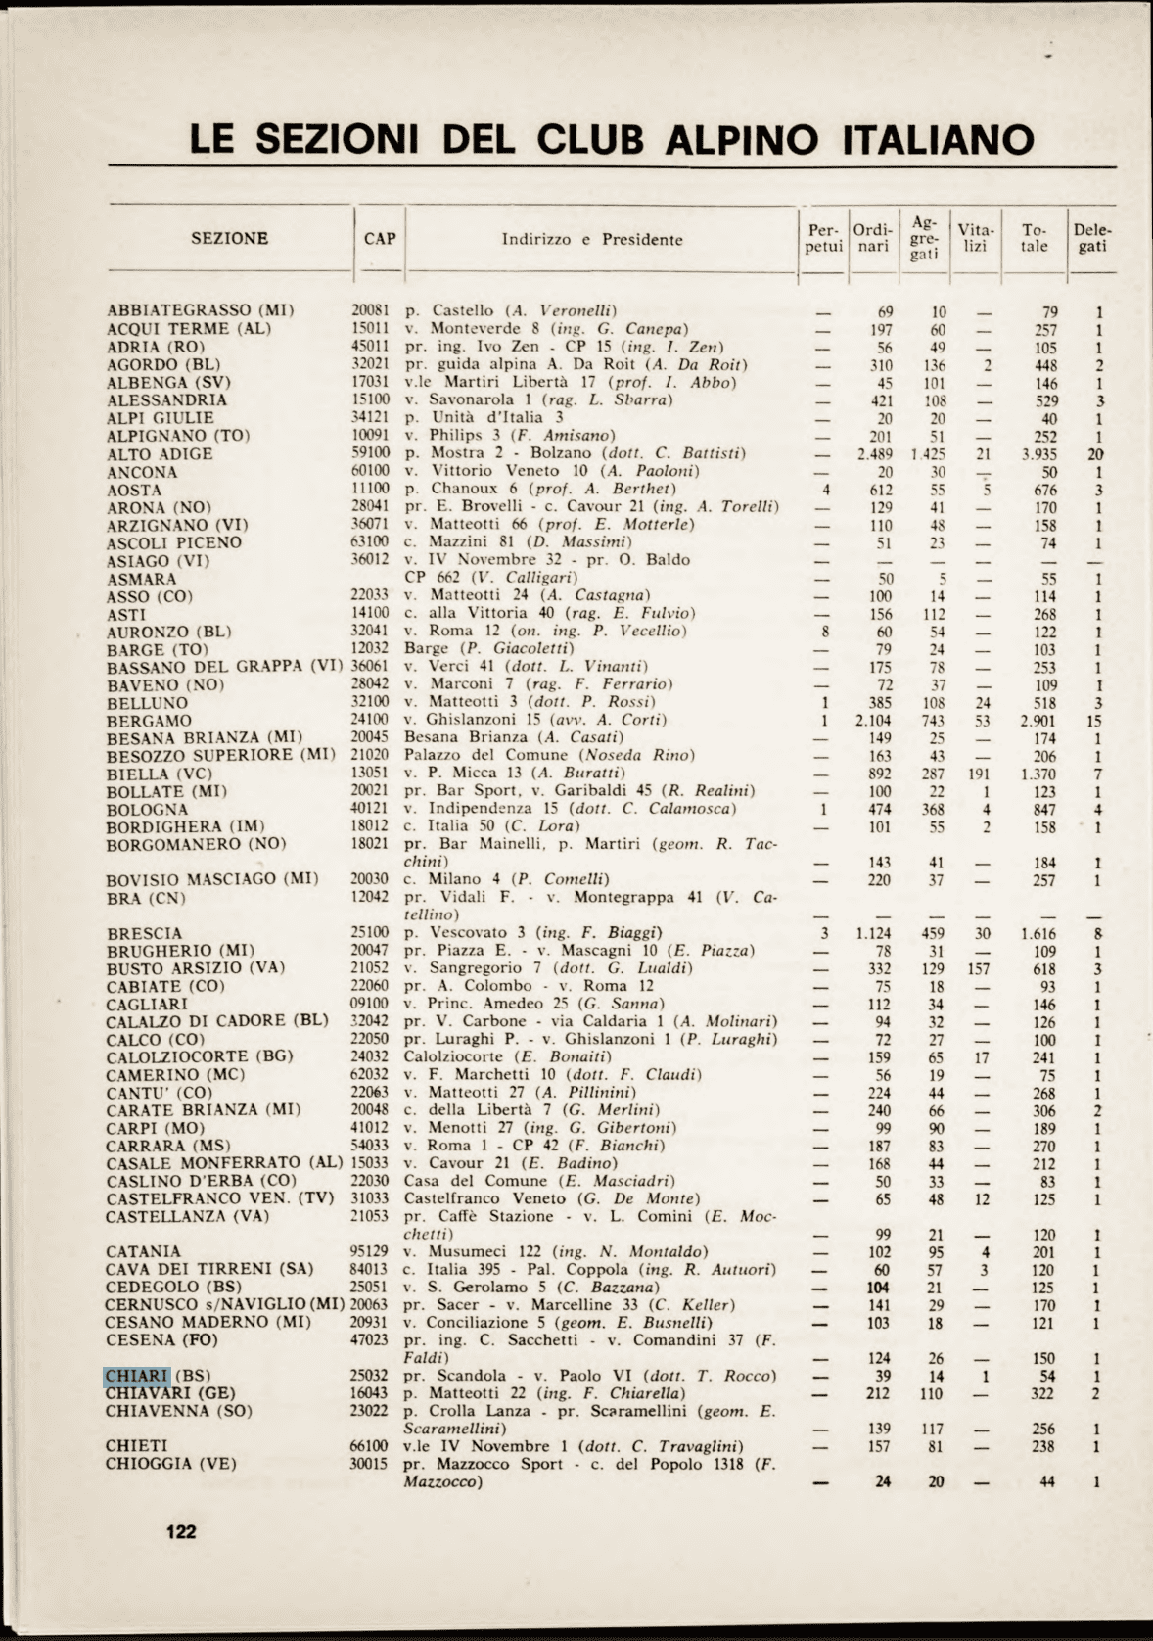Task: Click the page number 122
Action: pos(181,1531)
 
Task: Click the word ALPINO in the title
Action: pos(744,139)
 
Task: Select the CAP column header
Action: pos(380,239)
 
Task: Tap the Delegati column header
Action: pos(1092,239)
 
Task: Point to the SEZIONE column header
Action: pos(229,238)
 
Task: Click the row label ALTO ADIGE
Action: pos(160,454)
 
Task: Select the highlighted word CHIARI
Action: pos(137,1376)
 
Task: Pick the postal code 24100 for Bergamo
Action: pos(370,720)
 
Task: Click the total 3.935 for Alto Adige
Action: pos(1038,454)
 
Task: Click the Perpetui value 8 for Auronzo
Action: pos(826,632)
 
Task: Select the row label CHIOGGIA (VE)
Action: pos(171,1464)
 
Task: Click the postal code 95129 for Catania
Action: pos(370,1251)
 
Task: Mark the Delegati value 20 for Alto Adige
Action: pos(1096,454)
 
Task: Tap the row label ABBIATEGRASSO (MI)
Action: pos(201,310)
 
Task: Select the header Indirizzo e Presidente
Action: pos(592,239)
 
